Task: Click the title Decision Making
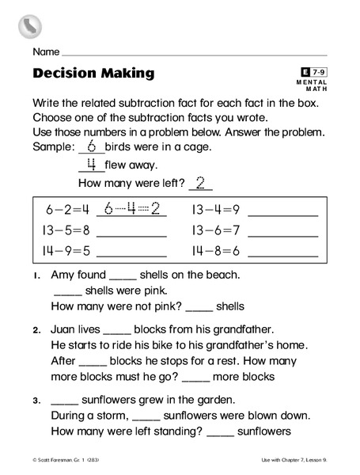94,74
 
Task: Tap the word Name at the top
46,52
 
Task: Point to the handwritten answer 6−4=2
132,209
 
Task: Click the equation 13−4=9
215,210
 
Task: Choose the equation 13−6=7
215,231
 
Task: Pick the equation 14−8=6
215,252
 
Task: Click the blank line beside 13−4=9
282,214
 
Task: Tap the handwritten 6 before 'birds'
91,146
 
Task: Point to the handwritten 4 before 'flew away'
91,165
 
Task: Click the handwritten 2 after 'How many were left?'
201,183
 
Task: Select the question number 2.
37,329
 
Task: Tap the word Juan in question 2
64,329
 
